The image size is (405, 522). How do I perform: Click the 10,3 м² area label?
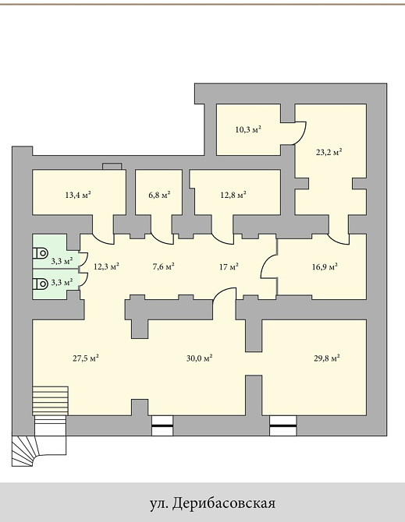pyautogui.click(x=248, y=129)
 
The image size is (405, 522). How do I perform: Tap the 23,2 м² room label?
pyautogui.click(x=329, y=152)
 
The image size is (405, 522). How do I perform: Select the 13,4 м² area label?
pyautogui.click(x=78, y=195)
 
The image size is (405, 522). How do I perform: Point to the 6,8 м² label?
pyautogui.click(x=159, y=195)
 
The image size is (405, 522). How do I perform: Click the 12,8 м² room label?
pyautogui.click(x=233, y=195)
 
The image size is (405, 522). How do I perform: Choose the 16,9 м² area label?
pyautogui.click(x=325, y=266)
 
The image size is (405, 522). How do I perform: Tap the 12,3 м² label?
pyautogui.click(x=106, y=266)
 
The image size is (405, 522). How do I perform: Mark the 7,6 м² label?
pyautogui.click(x=164, y=266)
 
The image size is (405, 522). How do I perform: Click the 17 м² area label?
pyautogui.click(x=229, y=266)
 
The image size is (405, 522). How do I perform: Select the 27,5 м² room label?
pyautogui.click(x=86, y=358)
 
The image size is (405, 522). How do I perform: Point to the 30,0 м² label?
pyautogui.click(x=200, y=358)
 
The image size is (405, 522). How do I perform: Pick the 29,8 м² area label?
pyautogui.click(x=326, y=358)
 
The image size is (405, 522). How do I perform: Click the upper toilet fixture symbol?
pyautogui.click(x=40, y=253)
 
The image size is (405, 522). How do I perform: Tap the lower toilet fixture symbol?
pyautogui.click(x=40, y=284)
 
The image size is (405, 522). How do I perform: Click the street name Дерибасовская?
pyautogui.click(x=224, y=503)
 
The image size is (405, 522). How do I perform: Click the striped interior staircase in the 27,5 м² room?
pyautogui.click(x=51, y=400)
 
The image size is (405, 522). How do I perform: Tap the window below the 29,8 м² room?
pyautogui.click(x=283, y=425)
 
